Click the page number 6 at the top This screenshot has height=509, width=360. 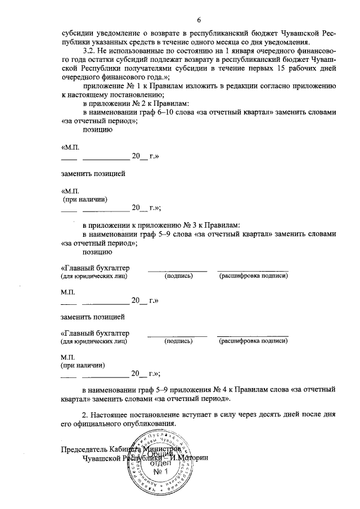(200, 20)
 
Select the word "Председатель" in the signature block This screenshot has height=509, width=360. (86, 449)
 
